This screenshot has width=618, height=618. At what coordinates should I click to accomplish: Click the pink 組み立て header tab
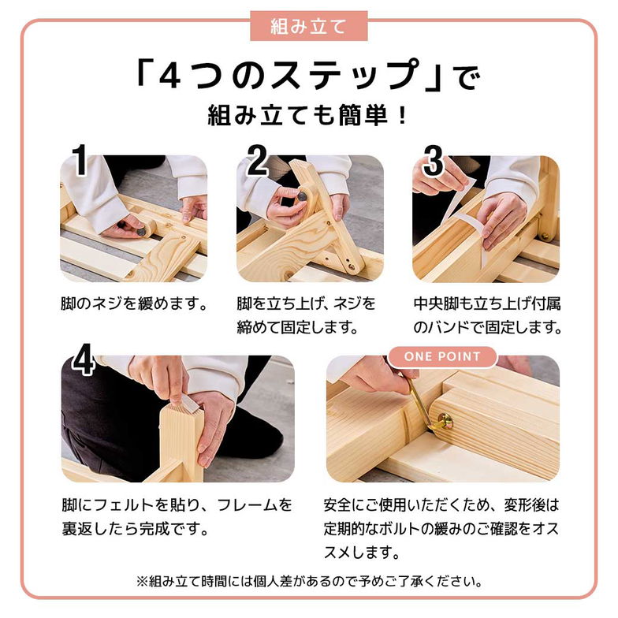[x=308, y=26]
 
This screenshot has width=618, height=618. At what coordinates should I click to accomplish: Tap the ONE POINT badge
[x=442, y=356]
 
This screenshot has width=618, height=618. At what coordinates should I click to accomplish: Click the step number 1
[x=79, y=161]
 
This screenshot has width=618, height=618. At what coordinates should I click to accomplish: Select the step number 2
[x=257, y=161]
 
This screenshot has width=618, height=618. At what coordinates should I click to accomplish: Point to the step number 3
[x=433, y=161]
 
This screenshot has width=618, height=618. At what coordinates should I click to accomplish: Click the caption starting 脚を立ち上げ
[x=307, y=315]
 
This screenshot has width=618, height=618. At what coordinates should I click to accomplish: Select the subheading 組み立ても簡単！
[x=308, y=116]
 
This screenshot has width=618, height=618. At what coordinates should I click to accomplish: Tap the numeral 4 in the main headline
[x=173, y=76]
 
